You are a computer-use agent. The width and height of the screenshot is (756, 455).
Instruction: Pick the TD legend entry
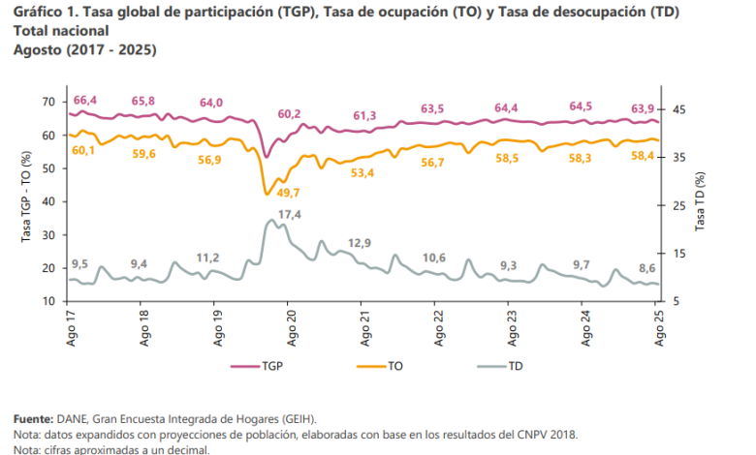tap(520, 367)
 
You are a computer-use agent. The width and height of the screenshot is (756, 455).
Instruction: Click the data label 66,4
tap(85, 100)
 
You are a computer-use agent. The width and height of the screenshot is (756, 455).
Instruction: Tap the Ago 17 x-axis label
tap(71, 329)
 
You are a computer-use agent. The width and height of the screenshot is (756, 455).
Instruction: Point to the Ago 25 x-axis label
tap(659, 329)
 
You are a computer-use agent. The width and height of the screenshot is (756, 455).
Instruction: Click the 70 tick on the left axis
tap(48, 102)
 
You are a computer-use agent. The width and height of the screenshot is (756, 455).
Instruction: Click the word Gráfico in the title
tap(38, 12)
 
